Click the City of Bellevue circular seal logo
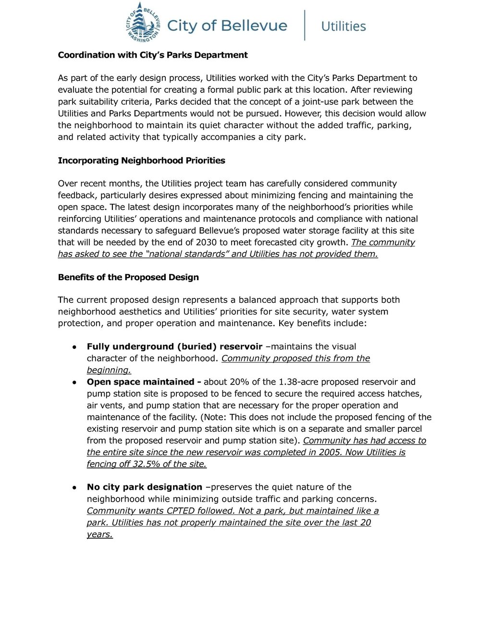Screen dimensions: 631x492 point(143,23)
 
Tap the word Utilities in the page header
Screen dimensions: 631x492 point(343,26)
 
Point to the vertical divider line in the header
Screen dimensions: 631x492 point(305,25)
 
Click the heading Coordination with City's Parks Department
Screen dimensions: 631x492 point(153,55)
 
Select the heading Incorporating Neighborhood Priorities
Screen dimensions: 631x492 point(141,161)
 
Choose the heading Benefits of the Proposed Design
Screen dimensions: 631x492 point(128,277)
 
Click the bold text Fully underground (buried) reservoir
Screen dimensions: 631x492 point(174,346)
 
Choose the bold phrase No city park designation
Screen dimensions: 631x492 point(145,487)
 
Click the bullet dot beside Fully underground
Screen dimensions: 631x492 point(74,347)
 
